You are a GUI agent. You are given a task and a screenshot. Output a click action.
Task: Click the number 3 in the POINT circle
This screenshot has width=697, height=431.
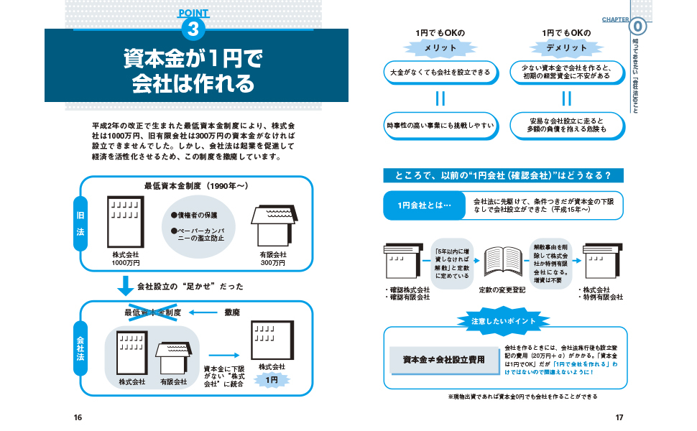click(x=193, y=29)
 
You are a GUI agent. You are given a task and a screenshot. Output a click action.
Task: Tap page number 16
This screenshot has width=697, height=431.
click(x=78, y=417)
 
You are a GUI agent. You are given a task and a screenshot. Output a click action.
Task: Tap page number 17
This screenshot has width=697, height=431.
click(x=619, y=417)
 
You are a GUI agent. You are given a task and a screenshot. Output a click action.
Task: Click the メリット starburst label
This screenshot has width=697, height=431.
click(x=440, y=47)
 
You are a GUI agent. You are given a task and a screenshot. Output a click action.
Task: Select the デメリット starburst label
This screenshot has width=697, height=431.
click(x=566, y=47)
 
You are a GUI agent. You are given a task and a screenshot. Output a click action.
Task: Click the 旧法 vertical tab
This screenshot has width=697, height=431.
click(x=80, y=223)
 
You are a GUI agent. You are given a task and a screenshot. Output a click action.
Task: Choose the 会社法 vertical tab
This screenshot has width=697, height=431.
click(x=80, y=348)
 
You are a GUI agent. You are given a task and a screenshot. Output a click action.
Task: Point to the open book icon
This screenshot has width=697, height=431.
click(x=503, y=261)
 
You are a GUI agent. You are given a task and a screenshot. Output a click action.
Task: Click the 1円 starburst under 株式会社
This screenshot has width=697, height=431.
click(x=272, y=380)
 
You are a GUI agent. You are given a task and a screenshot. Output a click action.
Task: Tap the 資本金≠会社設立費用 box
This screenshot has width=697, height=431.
click(x=444, y=360)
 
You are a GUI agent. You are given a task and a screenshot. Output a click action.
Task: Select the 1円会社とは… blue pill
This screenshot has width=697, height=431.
click(x=424, y=205)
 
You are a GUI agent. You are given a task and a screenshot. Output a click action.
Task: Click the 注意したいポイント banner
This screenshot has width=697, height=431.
click(x=503, y=321)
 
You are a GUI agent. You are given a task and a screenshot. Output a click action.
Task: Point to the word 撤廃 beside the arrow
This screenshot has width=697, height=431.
click(x=232, y=312)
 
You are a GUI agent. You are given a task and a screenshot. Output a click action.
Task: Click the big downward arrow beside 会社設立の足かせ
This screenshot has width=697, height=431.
click(x=125, y=286)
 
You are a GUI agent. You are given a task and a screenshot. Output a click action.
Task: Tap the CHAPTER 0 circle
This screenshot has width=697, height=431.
click(x=638, y=27)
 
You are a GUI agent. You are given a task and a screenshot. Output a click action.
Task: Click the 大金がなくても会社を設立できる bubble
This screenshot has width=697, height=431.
click(x=440, y=72)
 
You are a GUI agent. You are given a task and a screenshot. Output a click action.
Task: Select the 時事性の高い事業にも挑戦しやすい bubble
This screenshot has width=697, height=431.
click(x=440, y=126)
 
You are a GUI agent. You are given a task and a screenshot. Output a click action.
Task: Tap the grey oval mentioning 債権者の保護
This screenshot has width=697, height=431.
click(x=198, y=226)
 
